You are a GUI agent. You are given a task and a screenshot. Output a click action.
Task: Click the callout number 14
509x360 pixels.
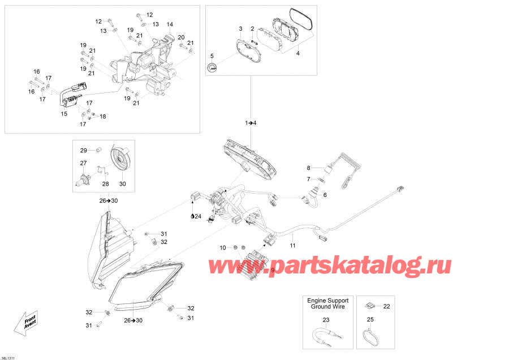pyautogui.click(x=169, y=24)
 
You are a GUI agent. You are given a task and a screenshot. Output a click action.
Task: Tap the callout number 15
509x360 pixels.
pyautogui.click(x=64, y=114)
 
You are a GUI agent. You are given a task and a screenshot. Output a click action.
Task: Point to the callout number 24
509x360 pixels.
pyautogui.click(x=198, y=216)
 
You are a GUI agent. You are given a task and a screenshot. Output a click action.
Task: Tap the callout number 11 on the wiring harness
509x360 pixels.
pyautogui.click(x=292, y=245)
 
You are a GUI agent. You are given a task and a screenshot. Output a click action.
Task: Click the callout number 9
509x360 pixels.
pyautogui.click(x=272, y=270)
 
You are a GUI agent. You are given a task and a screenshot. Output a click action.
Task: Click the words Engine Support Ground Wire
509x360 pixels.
pyautogui.click(x=329, y=303)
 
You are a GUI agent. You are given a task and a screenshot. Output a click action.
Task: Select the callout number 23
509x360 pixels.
pyautogui.click(x=325, y=320)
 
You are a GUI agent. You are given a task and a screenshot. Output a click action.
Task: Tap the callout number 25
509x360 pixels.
pyautogui.click(x=370, y=320)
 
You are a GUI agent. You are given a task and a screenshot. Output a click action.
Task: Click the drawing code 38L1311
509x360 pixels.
pyautogui.click(x=11, y=357)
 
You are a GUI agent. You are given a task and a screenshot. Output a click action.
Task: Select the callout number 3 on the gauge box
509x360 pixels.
pyautogui.click(x=240, y=29)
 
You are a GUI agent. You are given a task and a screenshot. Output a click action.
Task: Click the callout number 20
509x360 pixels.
pyautogui.click(x=181, y=37)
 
